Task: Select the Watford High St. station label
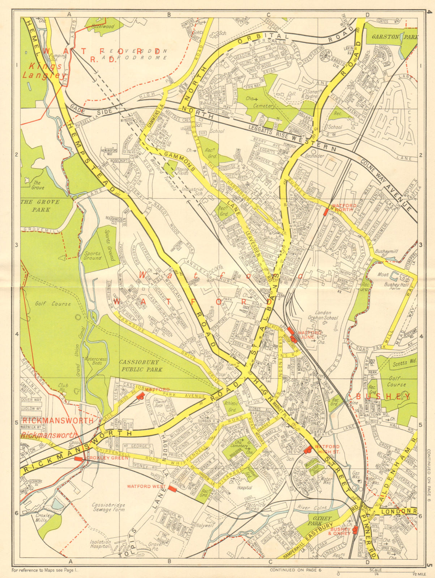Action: pyautogui.click(x=328, y=449)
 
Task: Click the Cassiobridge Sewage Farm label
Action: pyautogui.click(x=108, y=507)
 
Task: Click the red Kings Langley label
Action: pyautogui.click(x=39, y=71)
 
